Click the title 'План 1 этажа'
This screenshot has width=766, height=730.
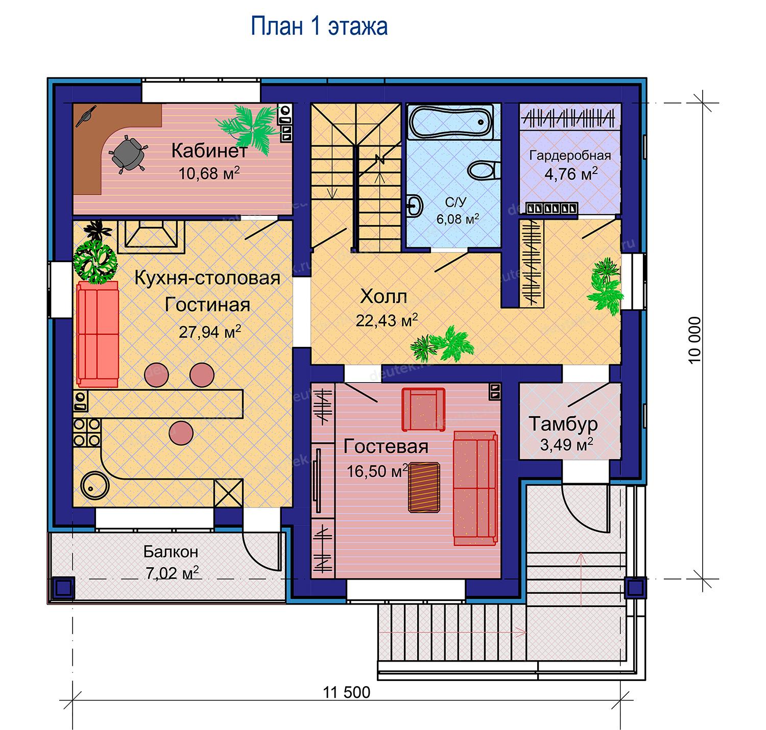coord(318,27)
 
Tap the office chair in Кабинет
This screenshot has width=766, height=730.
coord(127,153)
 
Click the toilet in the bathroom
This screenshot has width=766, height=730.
coord(484,170)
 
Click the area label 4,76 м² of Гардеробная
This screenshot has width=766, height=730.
coord(570,174)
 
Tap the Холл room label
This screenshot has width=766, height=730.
coord(384,297)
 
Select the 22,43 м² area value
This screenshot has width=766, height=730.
coord(387,321)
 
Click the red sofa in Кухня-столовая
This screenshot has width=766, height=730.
coord(98,334)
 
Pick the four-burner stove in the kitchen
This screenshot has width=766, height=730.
coord(87,433)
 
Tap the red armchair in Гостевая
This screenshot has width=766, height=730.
coord(423,409)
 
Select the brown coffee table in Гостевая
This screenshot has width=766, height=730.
coord(424,487)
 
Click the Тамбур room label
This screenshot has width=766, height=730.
coord(563,423)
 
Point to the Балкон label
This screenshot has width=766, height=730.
coord(171,551)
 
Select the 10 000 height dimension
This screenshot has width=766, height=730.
coord(695,340)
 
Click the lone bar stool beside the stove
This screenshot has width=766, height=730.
coord(181,433)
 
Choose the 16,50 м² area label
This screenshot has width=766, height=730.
coord(377,471)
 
